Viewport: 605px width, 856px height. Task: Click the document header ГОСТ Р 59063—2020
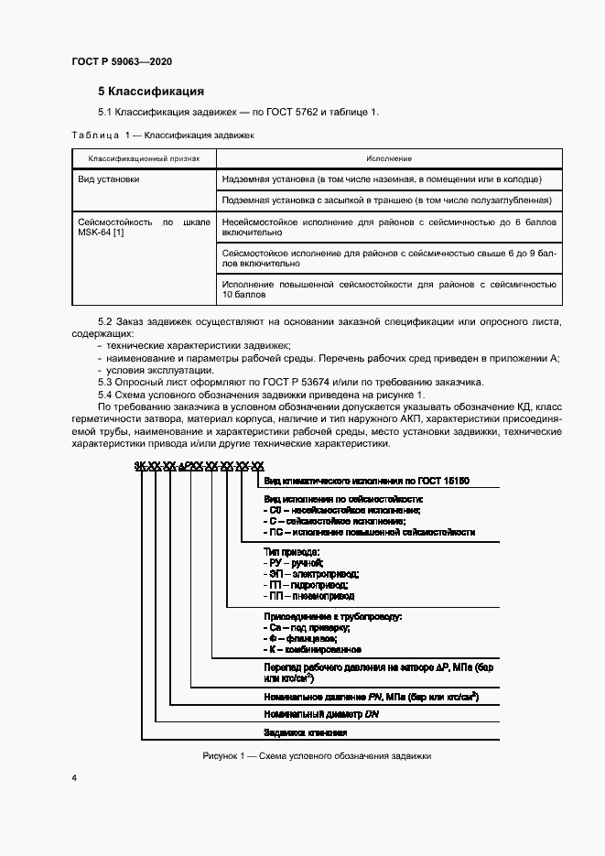(x=122, y=61)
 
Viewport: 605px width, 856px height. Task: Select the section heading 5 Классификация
(x=150, y=92)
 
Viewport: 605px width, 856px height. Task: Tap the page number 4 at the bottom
(x=74, y=777)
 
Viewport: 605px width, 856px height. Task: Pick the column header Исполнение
(x=389, y=159)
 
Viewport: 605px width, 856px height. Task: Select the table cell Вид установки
(x=109, y=179)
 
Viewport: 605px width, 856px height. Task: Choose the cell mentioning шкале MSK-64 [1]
(x=144, y=228)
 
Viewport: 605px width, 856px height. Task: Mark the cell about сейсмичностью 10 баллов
(x=389, y=289)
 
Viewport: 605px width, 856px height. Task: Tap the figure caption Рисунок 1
(x=315, y=756)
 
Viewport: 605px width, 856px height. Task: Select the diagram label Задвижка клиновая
(x=305, y=733)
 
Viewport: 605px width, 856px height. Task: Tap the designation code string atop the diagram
(x=199, y=466)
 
